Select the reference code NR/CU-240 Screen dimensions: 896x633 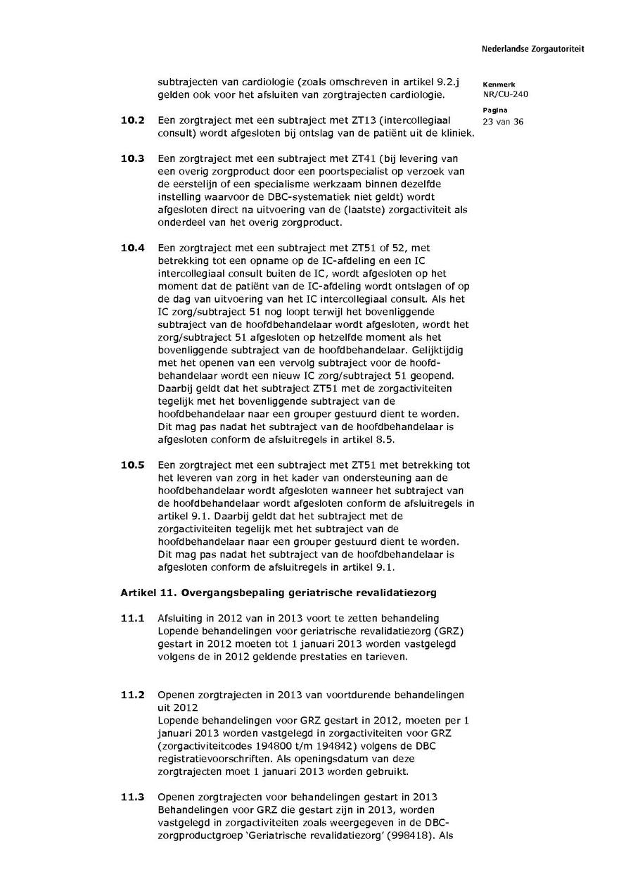point(506,94)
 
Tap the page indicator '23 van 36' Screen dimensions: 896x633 point(503,121)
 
